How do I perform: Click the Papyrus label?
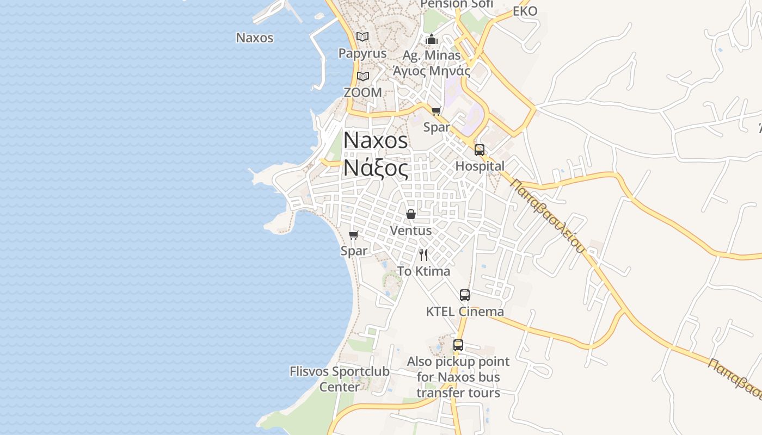(x=362, y=53)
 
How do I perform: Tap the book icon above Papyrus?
(x=362, y=36)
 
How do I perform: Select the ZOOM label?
(x=362, y=92)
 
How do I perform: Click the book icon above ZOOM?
(x=363, y=77)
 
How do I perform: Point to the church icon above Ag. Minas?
(x=432, y=39)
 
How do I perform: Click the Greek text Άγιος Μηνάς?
(x=432, y=71)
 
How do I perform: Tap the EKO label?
(x=525, y=11)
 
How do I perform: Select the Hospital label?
(x=480, y=166)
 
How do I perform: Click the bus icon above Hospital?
(x=480, y=150)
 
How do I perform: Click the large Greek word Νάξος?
(x=376, y=169)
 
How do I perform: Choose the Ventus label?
(x=411, y=231)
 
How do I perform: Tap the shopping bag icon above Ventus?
(x=411, y=214)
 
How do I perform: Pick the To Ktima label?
(x=423, y=271)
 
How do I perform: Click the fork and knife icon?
(x=423, y=254)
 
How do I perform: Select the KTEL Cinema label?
(x=465, y=312)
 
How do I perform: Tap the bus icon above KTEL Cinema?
(x=465, y=295)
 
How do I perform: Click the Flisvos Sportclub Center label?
(x=340, y=379)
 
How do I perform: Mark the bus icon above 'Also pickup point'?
(x=458, y=345)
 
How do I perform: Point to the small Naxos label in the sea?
(x=255, y=38)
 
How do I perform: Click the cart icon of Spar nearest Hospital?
(x=436, y=111)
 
